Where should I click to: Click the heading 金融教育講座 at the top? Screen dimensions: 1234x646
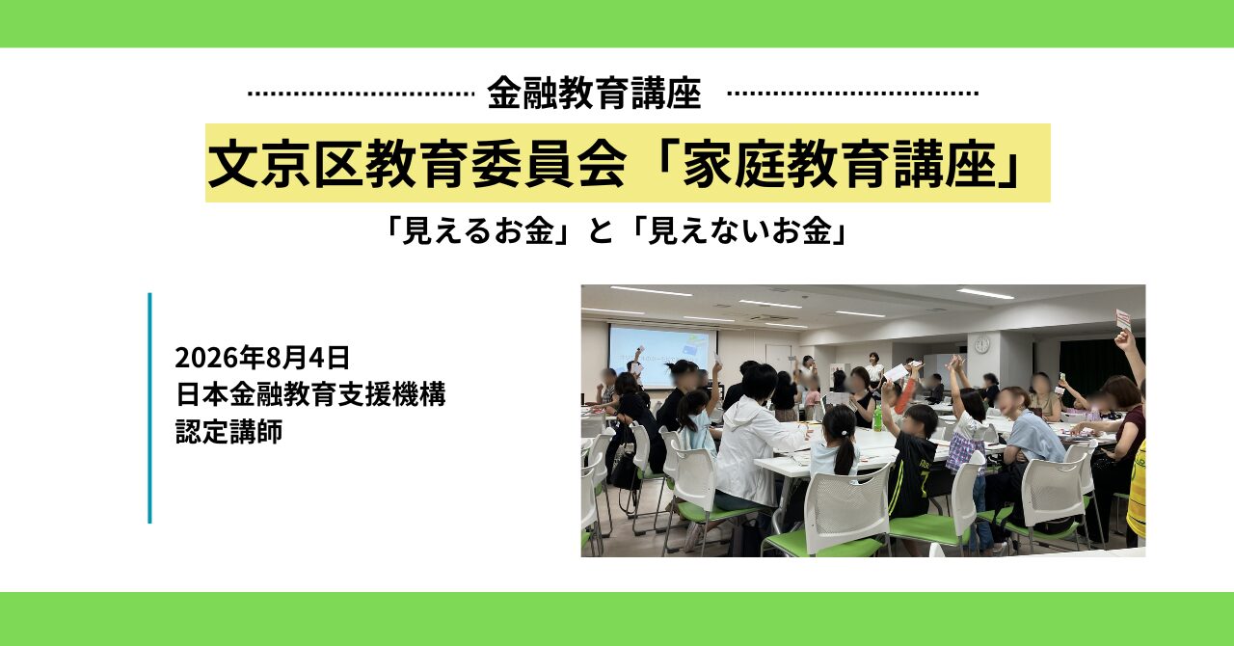click(x=594, y=94)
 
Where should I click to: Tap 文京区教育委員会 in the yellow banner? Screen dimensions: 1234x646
click(x=417, y=163)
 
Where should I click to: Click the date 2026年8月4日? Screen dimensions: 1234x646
click(x=262, y=358)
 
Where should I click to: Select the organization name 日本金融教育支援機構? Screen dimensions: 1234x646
click(x=310, y=394)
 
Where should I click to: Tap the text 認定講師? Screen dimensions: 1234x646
click(x=229, y=431)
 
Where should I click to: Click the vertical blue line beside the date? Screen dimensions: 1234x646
click(x=149, y=408)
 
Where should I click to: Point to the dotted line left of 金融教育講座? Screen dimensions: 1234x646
click(x=361, y=94)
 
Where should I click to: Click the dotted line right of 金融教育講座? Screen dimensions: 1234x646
click(x=853, y=94)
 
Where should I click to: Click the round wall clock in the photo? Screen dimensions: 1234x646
click(x=982, y=344)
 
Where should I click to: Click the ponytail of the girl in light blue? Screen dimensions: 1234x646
click(x=844, y=452)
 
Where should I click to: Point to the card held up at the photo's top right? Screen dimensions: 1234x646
click(x=1123, y=320)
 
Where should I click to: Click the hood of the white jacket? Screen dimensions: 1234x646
click(x=743, y=410)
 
